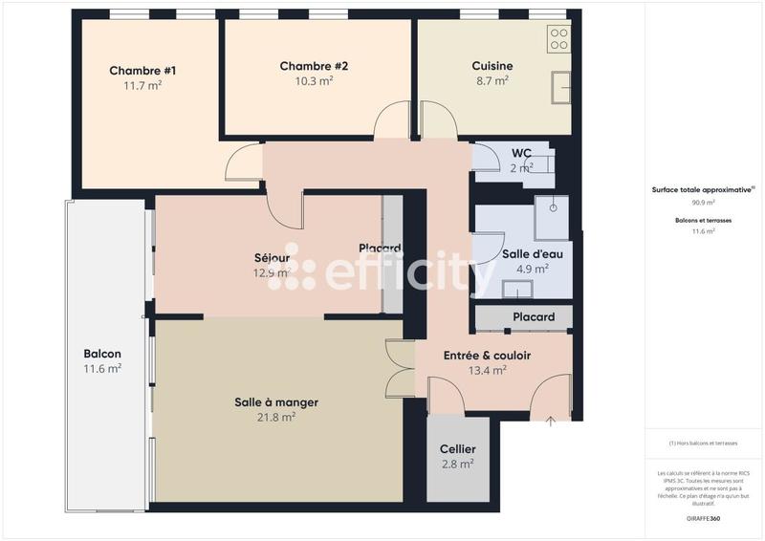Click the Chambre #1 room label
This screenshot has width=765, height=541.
point(142,71)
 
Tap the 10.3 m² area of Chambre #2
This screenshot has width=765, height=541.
point(314,82)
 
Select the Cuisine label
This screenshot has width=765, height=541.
point(492,66)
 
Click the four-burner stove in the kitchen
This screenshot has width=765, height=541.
point(558,39)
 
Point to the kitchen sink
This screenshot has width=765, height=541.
point(559,88)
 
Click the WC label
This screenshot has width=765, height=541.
point(521,153)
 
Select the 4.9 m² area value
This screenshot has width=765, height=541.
point(532,270)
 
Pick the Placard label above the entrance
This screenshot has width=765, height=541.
point(534,317)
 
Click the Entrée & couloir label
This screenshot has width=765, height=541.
point(487,356)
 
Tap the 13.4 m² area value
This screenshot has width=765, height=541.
point(487,371)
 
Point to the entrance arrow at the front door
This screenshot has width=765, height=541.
point(551,421)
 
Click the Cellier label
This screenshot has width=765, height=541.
point(457,449)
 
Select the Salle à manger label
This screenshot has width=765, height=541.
point(276,402)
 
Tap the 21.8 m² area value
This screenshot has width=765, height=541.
point(276,417)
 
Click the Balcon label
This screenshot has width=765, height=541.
point(102,353)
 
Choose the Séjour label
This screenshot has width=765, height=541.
point(272,258)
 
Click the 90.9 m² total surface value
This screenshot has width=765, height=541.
point(703,203)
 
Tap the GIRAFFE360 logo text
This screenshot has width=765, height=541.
point(702,517)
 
